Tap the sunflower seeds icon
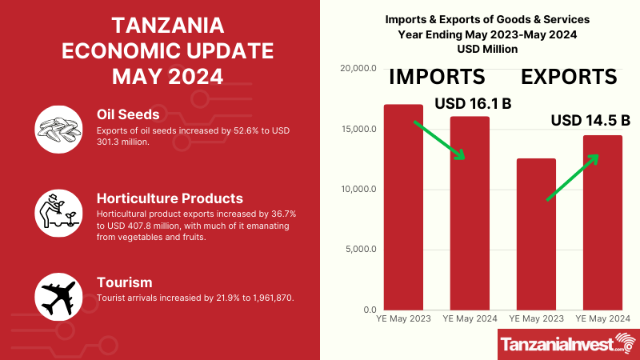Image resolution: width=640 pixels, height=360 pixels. (59, 128)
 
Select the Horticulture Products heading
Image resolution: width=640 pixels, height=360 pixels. (170, 198)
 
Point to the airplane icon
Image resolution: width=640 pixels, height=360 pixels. (59, 297)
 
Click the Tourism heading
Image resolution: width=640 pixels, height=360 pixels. (124, 282)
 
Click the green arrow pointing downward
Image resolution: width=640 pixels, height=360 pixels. (438, 140)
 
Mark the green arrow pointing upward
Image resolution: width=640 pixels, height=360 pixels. (572, 177)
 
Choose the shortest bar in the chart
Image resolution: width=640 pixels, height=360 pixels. (536, 234)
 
